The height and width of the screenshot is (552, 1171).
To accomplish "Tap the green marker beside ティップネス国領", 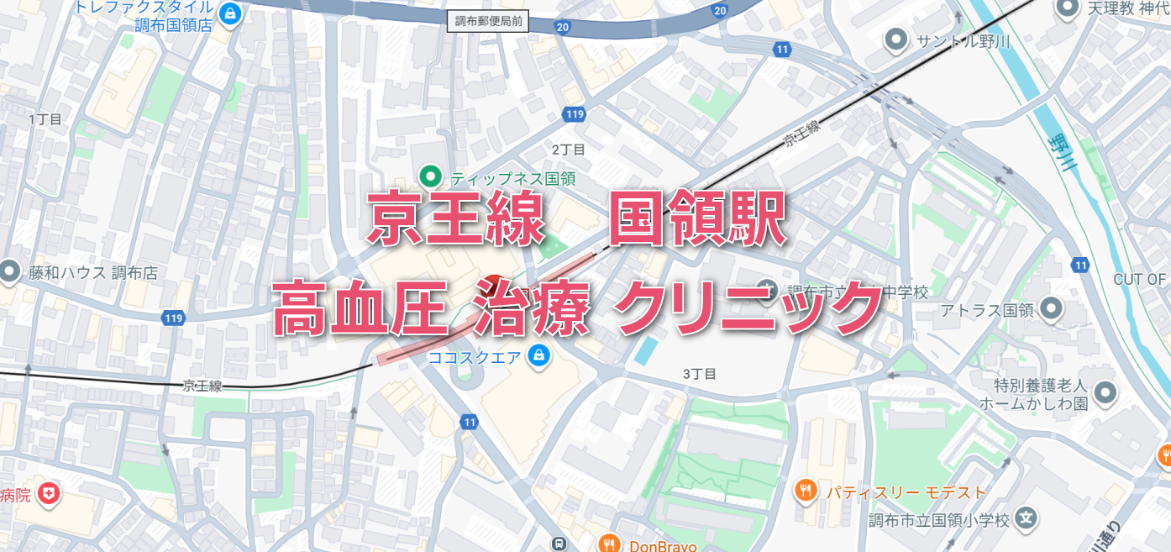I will pyautogui.click(x=431, y=176).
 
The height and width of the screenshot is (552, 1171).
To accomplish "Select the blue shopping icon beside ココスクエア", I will pyautogui.click(x=539, y=358).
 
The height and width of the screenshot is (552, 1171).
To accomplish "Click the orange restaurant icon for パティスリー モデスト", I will pyautogui.click(x=806, y=490).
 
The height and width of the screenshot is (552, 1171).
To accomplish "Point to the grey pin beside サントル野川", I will pyautogui.click(x=896, y=39).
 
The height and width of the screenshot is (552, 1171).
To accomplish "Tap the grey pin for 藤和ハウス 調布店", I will pyautogui.click(x=10, y=271).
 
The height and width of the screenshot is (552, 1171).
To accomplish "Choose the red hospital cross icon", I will pyautogui.click(x=50, y=494).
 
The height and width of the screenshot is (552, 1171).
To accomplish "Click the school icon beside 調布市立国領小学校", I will pyautogui.click(x=1025, y=518).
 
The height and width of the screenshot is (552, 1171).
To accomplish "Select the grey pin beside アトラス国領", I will pyautogui.click(x=1051, y=309).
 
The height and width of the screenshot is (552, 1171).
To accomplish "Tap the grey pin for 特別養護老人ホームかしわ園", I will pyautogui.click(x=1105, y=392).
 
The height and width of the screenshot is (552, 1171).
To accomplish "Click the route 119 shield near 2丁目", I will pyautogui.click(x=575, y=114).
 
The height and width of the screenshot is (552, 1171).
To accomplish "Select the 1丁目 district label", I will pyautogui.click(x=45, y=119).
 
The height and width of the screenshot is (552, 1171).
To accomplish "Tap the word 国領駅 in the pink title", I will pyautogui.click(x=696, y=218).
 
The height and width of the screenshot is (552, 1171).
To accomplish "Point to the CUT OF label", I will pyautogui.click(x=1140, y=279).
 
